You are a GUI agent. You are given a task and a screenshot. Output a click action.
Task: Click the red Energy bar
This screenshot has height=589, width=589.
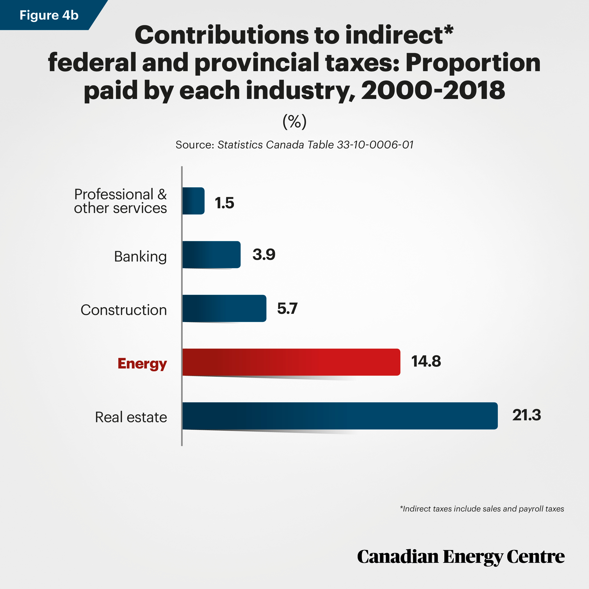pos(291,362)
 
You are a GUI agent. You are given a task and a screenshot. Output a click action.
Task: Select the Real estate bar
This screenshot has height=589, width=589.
pos(340,416)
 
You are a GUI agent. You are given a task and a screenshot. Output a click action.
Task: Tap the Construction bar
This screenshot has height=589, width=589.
pos(224,308)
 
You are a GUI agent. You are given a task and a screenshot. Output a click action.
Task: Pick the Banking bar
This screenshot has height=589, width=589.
pos(211,254)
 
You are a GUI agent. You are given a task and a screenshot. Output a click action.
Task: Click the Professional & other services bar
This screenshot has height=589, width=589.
pos(193,201)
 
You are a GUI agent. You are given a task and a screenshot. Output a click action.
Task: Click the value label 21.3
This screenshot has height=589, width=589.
pos(527,415)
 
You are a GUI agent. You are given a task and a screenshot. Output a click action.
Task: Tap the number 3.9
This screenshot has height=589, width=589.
pos(264,254)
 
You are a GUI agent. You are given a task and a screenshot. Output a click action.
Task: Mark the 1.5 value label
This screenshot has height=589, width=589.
pos(224,203)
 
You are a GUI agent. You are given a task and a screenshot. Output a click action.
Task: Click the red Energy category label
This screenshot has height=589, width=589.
pos(142,364)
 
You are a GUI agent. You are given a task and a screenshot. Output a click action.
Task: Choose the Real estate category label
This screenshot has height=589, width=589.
pos(131,417)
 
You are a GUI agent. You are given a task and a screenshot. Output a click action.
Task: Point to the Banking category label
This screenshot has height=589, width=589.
pos(141,257)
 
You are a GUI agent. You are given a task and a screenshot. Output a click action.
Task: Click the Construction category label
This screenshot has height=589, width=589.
pos(124,310)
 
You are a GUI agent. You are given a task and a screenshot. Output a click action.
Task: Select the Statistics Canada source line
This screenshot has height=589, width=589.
pos(294,145)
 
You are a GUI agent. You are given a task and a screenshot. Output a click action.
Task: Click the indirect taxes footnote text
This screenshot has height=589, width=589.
pos(482,509)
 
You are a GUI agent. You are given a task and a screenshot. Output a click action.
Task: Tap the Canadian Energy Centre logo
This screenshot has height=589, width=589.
pos(461,557)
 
